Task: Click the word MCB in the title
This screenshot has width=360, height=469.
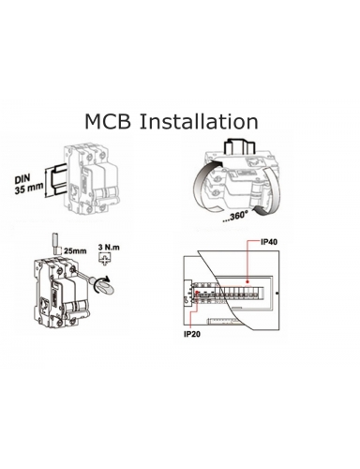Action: (108, 121)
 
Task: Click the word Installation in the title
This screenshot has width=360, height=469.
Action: (199, 121)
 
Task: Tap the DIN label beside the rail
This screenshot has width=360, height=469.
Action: (22, 179)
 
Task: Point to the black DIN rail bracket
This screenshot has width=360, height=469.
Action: (58, 180)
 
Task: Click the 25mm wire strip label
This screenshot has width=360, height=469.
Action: (75, 250)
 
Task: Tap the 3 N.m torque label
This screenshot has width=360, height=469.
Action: (109, 248)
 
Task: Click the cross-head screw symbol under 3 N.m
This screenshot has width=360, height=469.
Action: (105, 259)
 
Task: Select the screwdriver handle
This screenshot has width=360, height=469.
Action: (103, 285)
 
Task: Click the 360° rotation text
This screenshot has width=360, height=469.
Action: (235, 216)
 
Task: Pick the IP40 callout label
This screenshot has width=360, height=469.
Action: (268, 242)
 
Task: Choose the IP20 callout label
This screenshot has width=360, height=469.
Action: (192, 335)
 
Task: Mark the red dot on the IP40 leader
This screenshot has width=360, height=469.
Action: (247, 280)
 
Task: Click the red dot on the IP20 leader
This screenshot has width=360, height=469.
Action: (196, 293)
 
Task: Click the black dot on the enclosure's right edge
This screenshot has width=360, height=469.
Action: (277, 293)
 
